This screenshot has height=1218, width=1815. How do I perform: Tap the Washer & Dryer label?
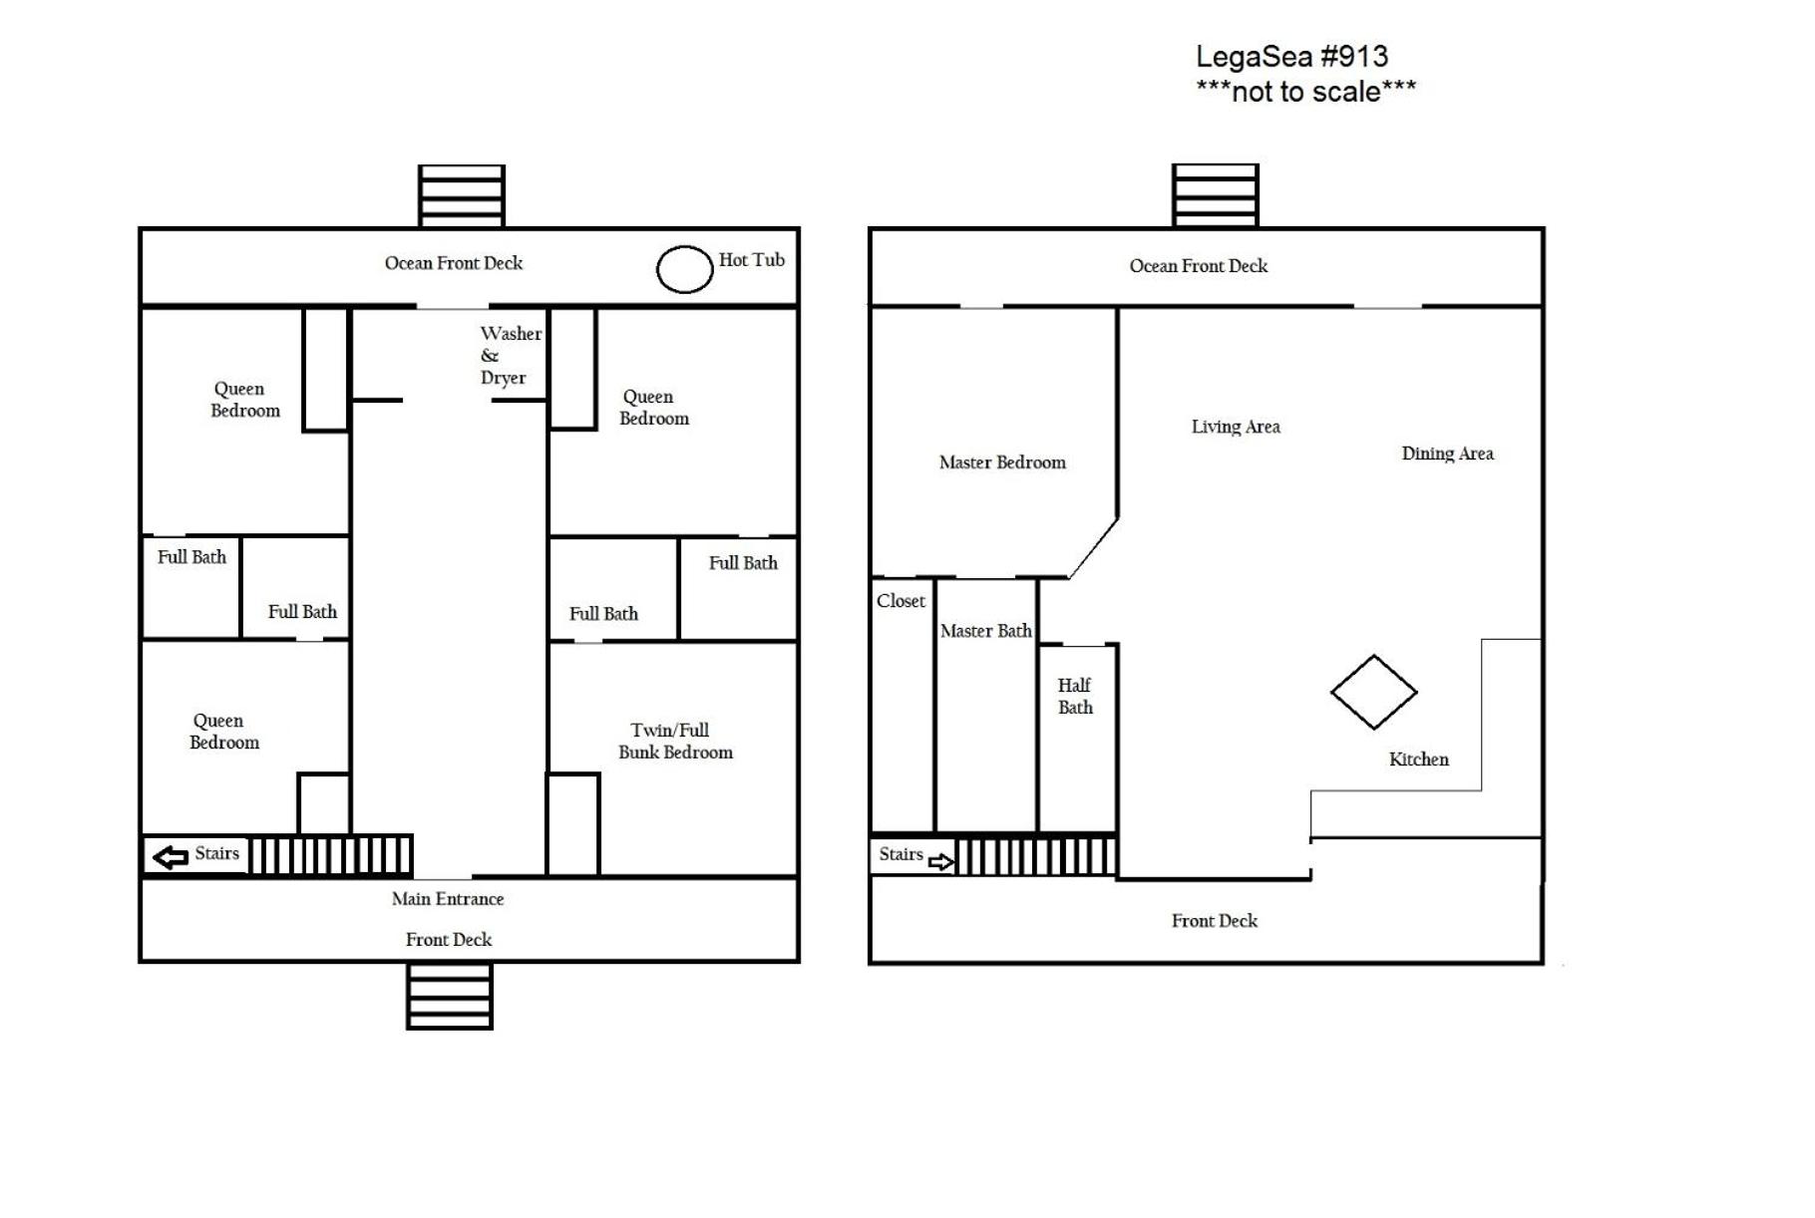tap(511, 355)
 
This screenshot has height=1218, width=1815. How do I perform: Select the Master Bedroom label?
tap(1002, 462)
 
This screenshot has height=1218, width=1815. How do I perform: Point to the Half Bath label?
tap(1075, 696)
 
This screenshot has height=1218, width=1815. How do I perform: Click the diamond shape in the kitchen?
tap(1373, 656)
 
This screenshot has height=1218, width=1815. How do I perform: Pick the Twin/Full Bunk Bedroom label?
tap(675, 741)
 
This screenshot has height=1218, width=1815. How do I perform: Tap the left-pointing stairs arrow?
tap(171, 856)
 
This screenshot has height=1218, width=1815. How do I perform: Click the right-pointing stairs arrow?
tap(940, 861)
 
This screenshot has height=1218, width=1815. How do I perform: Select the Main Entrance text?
tap(448, 899)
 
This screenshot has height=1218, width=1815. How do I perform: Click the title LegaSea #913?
tap(1291, 57)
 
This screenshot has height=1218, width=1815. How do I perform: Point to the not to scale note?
tap(1305, 92)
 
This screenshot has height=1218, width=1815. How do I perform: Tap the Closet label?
tap(901, 601)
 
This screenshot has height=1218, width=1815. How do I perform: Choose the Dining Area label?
tap(1447, 454)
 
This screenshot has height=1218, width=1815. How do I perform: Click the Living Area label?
tap(1236, 427)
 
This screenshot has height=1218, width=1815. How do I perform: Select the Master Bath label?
tap(985, 631)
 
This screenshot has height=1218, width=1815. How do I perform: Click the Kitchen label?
tap(1418, 760)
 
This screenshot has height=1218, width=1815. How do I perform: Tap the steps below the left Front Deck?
tap(450, 995)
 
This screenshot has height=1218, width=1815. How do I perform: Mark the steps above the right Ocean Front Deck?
tap(1215, 196)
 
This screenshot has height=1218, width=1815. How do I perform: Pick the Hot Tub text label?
tap(752, 260)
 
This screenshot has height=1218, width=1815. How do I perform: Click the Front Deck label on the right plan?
tap(1214, 921)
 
